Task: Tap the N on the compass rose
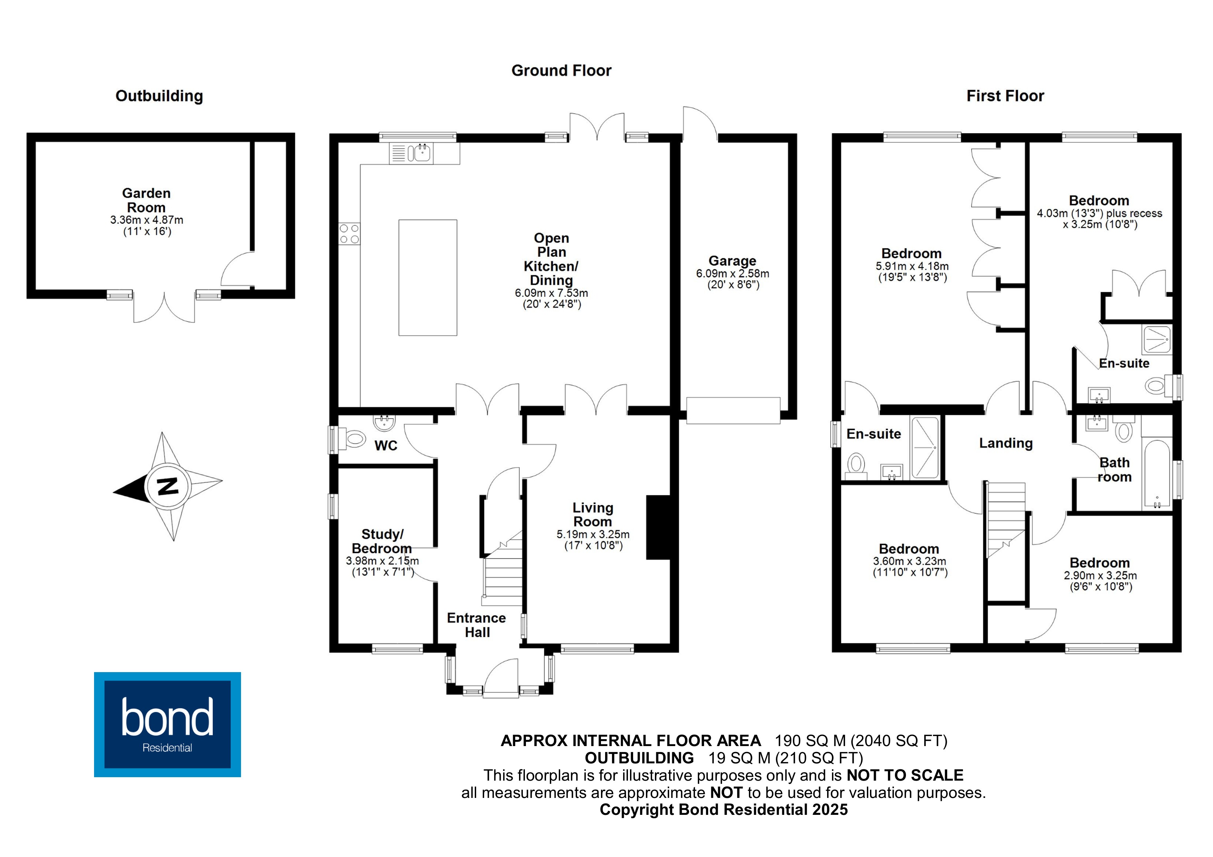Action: tap(168, 486)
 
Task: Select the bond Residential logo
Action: tap(167, 724)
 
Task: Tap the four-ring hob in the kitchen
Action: tap(349, 234)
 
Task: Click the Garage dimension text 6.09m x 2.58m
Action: tap(732, 274)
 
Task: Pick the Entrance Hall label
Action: tap(476, 625)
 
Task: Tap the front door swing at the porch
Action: tap(500, 677)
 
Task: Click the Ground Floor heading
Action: tap(561, 70)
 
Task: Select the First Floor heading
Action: tap(1005, 96)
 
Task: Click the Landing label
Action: tap(1006, 443)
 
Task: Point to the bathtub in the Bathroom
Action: tap(1156, 474)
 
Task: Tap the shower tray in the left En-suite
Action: tap(925, 448)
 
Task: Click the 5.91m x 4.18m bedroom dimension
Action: tap(912, 266)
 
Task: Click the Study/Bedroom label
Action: tap(382, 541)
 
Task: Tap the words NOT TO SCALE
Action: tap(905, 775)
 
